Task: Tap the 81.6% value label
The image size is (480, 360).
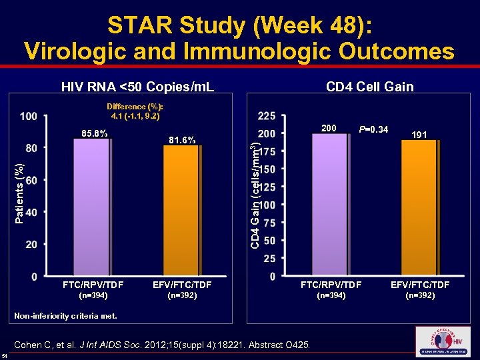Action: [182, 141]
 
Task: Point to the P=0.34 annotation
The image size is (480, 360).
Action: [373, 129]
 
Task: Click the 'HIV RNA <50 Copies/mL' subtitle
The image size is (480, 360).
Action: [137, 87]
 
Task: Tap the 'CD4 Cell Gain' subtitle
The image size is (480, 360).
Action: [369, 87]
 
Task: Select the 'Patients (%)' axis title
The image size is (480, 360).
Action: [20, 193]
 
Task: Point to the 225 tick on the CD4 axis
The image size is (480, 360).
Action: [267, 116]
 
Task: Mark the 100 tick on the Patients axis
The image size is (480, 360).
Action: [29, 117]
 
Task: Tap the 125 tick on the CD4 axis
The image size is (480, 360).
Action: [267, 187]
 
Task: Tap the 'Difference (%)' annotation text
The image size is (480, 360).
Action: [135, 107]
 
